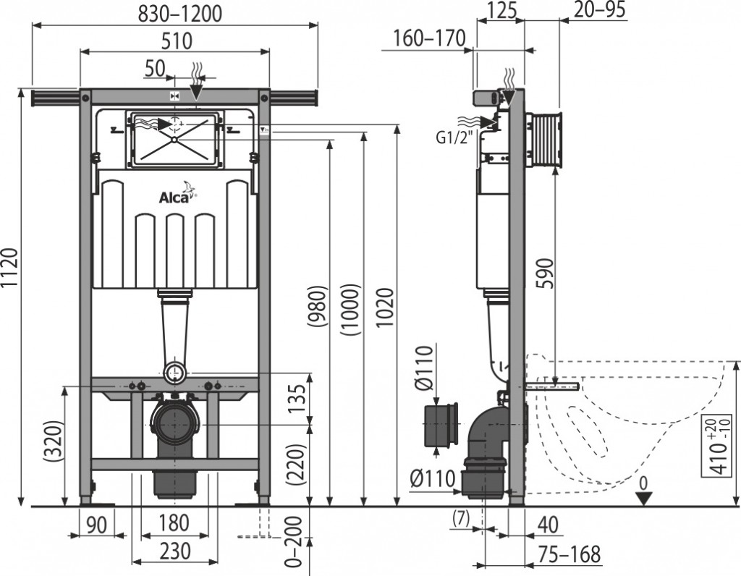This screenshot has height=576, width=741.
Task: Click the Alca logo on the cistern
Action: coord(177,194)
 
